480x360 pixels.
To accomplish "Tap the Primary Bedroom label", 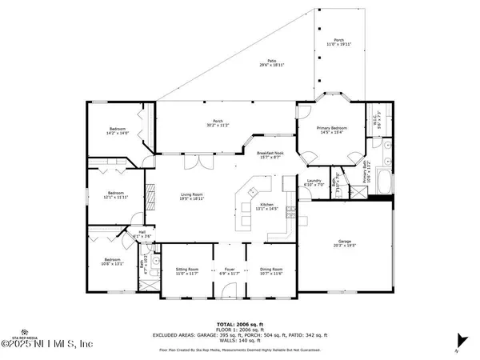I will point(333,130).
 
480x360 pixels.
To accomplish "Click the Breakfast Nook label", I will point(270,154).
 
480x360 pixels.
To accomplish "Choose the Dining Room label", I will point(271,272).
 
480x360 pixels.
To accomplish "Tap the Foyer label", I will point(229,272).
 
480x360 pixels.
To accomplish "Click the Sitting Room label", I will point(187,272).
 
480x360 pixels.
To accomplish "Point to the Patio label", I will point(271,63).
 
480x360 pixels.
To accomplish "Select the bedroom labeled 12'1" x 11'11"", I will point(117,194).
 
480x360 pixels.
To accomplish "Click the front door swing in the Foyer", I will point(230,290).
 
